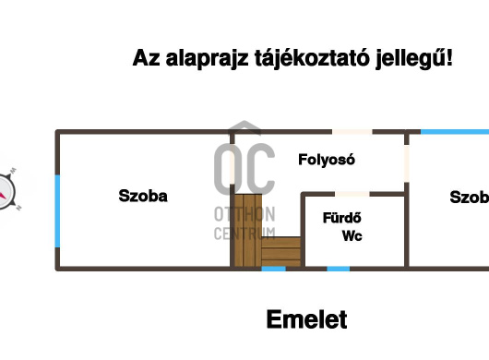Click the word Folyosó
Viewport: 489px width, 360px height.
(327, 159)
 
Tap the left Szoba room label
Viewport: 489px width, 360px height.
(143, 196)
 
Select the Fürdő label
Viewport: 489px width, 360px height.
(340, 219)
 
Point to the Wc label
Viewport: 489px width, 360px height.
(352, 236)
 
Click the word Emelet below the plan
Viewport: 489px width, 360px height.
(306, 320)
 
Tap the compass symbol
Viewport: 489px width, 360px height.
(7, 190)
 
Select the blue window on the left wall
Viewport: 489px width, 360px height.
(57, 210)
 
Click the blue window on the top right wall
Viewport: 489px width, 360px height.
(454, 132)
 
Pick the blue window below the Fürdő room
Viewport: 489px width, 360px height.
(339, 269)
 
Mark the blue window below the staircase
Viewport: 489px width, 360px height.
(273, 269)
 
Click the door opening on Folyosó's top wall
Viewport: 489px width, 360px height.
(358, 133)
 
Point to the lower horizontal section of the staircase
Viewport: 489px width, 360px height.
(280, 251)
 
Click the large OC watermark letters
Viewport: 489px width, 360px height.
(244, 166)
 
